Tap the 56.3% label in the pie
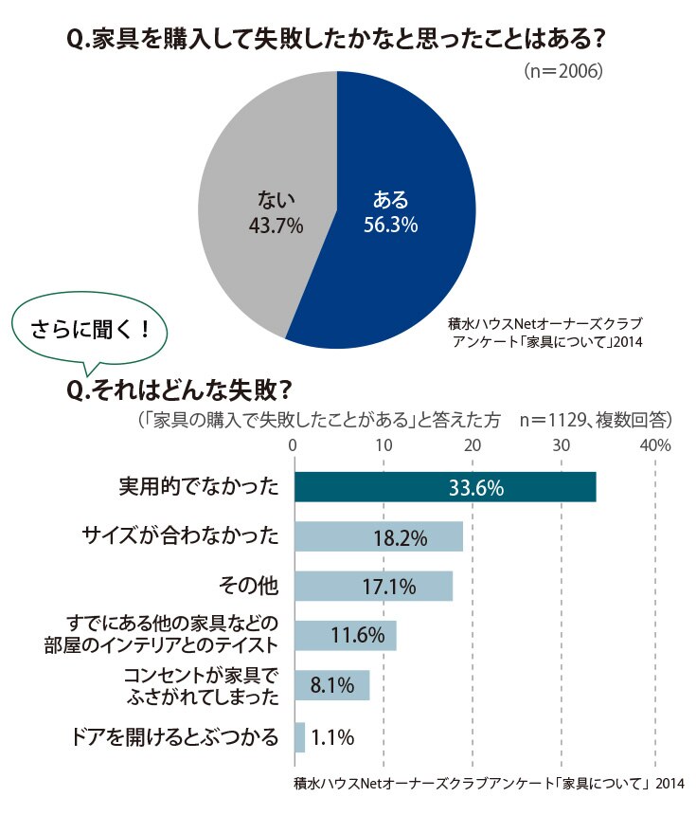[390, 225]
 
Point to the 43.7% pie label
[276, 226]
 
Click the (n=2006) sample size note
[563, 71]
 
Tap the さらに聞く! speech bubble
[89, 330]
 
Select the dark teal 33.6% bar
[445, 487]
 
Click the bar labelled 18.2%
[379, 536]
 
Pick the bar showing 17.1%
[373, 587]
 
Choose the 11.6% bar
[346, 636]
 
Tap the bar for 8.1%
[331, 685]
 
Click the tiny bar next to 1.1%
[299, 737]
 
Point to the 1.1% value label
[332, 737]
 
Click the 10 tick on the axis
[384, 445]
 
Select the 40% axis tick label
[655, 445]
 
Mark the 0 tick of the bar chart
[293, 445]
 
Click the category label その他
[248, 587]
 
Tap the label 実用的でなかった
[199, 487]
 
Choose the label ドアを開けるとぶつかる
[174, 737]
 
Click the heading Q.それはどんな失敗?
[178, 390]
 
